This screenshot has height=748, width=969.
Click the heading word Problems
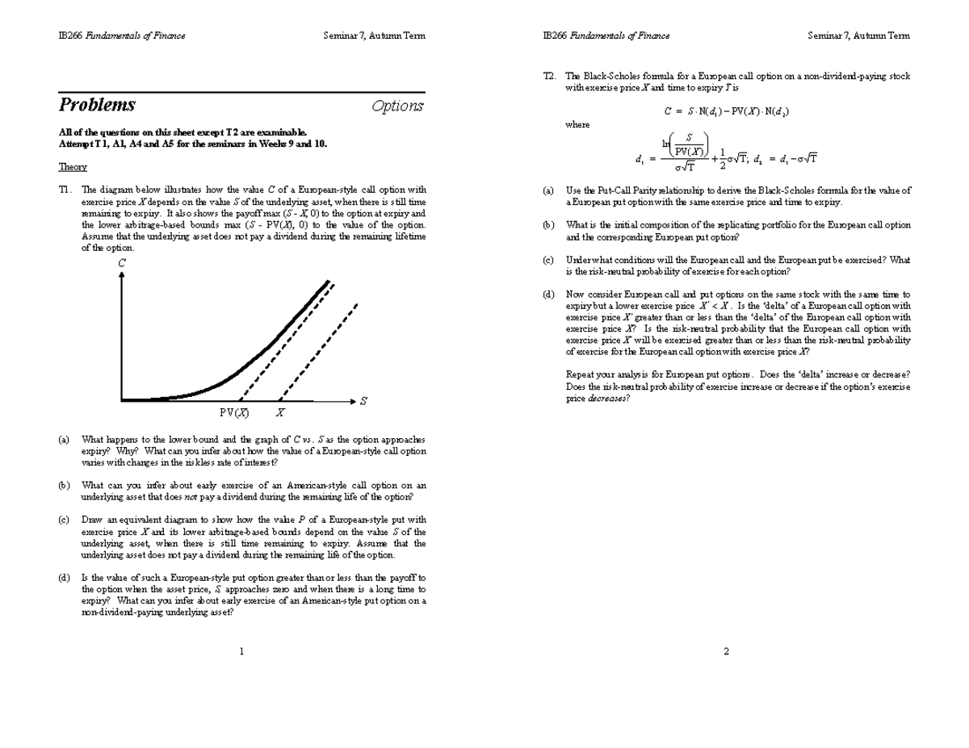click(97, 106)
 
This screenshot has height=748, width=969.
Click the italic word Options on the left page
click(397, 107)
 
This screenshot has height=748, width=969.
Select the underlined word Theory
click(73, 167)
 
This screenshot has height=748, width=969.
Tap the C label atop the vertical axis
click(122, 263)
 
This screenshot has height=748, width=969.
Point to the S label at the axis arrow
click(363, 401)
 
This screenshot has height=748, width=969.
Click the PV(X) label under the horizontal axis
click(234, 412)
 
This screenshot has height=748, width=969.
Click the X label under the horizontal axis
click(279, 412)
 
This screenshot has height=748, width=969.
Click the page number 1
click(241, 652)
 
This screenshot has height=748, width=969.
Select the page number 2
click(726, 652)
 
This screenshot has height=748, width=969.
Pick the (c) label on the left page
click(64, 520)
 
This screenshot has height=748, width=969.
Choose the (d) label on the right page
click(548, 295)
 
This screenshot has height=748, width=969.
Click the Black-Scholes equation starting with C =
click(726, 112)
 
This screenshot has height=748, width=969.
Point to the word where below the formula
click(577, 125)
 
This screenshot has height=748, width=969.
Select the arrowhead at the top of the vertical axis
click(122, 275)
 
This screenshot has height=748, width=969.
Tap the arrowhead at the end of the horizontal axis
click(352, 400)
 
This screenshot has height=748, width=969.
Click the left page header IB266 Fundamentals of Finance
click(122, 36)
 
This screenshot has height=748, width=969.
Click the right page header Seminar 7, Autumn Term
click(858, 36)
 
